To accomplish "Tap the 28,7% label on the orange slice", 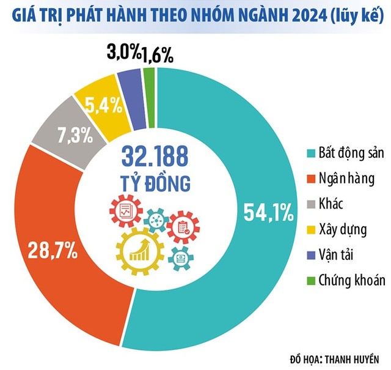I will click(51, 250).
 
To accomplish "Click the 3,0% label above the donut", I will click(123, 53).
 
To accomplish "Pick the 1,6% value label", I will click(158, 56).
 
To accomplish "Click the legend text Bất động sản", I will click(348, 153).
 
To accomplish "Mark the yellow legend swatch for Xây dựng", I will click(310, 230).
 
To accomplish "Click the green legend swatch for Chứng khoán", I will click(310, 281).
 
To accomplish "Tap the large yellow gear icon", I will click(139, 250).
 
